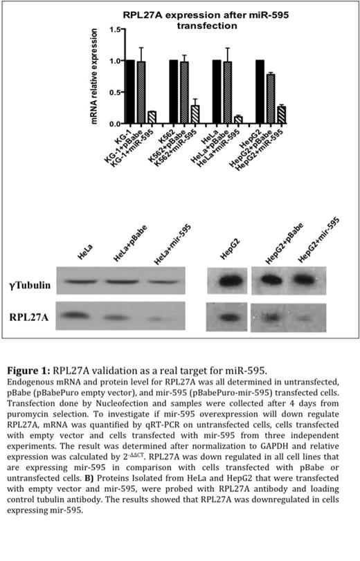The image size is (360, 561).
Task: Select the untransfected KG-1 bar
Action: click(130, 92)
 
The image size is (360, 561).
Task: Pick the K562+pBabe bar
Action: click(183, 93)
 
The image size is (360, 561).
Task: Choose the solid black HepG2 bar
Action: click(259, 92)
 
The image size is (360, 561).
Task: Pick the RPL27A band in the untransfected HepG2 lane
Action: click(226, 320)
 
